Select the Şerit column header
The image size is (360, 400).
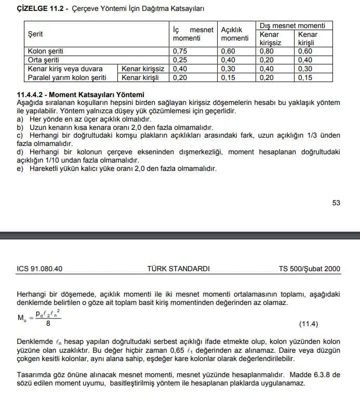pos(35,34)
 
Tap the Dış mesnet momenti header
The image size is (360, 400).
pos(292,25)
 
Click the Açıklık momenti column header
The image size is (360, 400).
pos(235,34)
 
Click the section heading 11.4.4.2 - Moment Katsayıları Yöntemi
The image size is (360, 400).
pos(81,95)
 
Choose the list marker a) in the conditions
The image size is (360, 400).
pos(20,119)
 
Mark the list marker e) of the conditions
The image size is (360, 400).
pos(20,169)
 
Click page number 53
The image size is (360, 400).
pos(336,203)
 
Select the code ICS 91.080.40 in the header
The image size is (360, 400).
pos(39,269)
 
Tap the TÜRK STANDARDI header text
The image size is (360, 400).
pos(178,269)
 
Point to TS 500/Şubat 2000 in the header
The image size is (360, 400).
pos(310,269)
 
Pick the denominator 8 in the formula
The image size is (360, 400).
pos(48,324)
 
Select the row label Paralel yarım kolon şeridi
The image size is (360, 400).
pos(67,77)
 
